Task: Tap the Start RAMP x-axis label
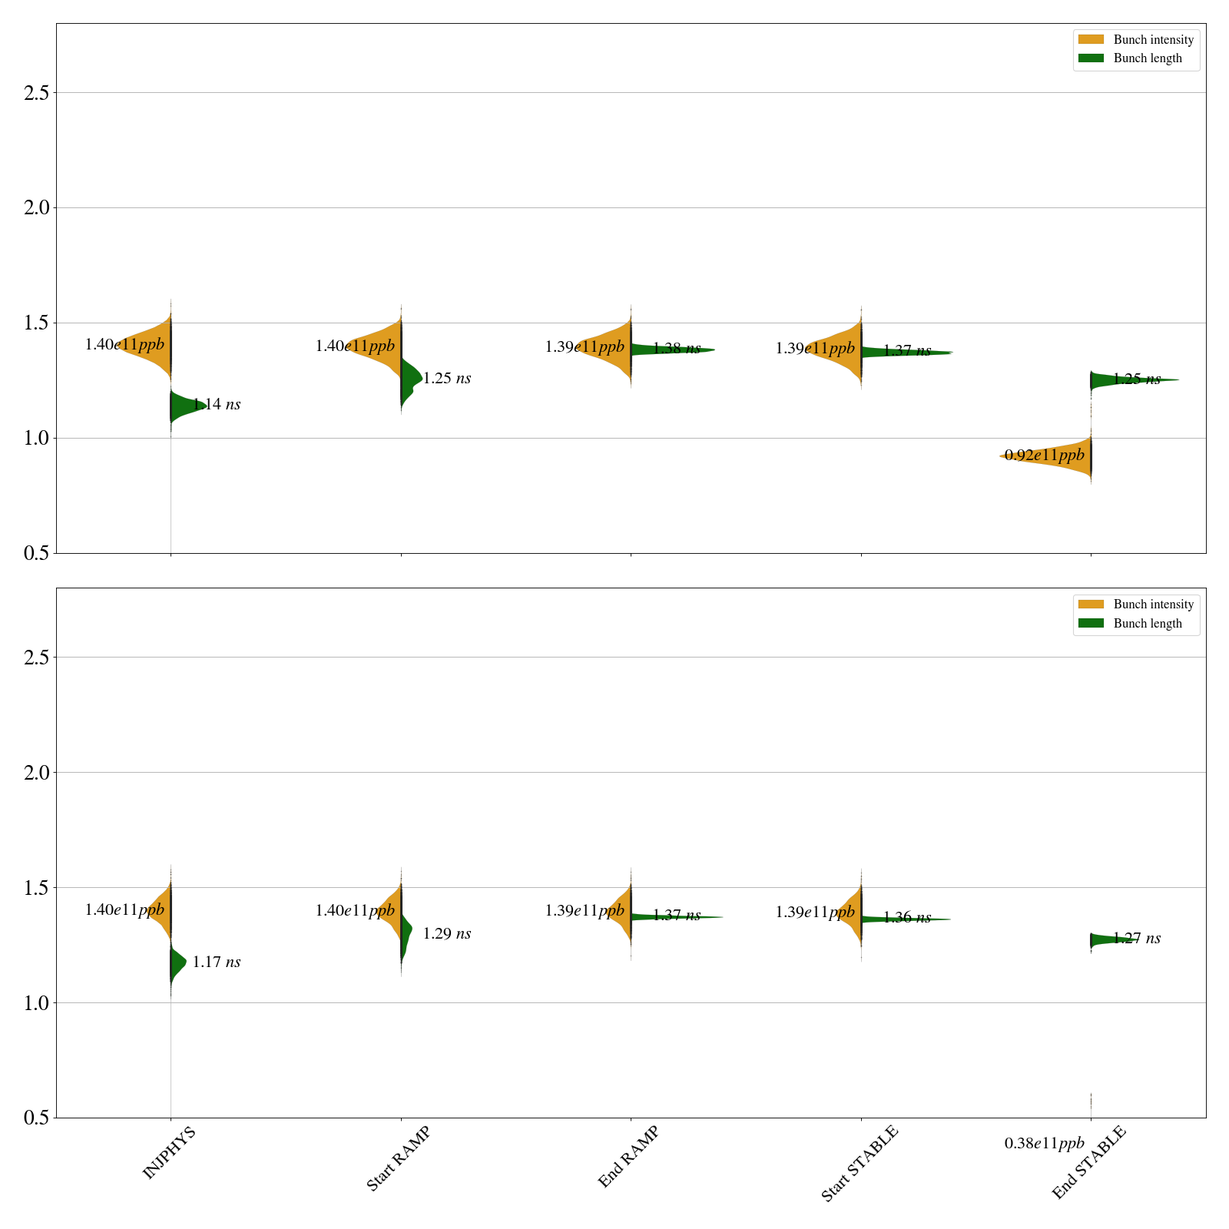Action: coord(398,1158)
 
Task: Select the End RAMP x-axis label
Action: coord(628,1157)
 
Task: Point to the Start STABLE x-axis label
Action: coord(859,1163)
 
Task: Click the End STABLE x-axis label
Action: coord(1088,1161)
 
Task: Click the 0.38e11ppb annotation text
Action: coord(1044,1144)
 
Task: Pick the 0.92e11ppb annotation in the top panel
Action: coord(1044,455)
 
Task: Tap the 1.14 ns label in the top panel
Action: coord(217,405)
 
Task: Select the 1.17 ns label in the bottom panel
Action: coord(217,962)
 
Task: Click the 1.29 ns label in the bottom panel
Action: coord(447,934)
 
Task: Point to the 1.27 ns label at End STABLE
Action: coord(1137,939)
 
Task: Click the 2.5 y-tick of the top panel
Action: coord(36,93)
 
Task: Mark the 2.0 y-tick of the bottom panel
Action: coord(36,773)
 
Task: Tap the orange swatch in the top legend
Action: coord(1091,39)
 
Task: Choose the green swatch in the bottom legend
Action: coord(1091,623)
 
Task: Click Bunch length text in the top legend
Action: coord(1148,58)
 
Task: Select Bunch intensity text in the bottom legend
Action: coord(1153,605)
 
